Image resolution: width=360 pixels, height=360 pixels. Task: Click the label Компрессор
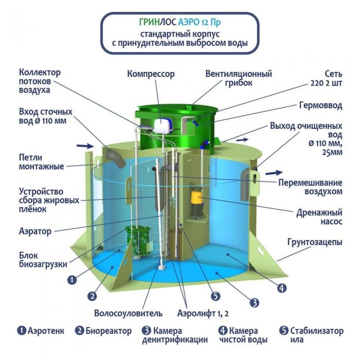point(151,74)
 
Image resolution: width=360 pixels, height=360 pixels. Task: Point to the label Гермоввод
point(320,105)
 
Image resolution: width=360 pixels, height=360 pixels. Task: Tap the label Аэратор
point(35,231)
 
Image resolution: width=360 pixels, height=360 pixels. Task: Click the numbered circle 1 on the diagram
point(72,280)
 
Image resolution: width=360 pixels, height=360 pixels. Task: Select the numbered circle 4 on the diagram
point(282,288)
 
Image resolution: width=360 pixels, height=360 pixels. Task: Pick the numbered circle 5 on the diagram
point(215,296)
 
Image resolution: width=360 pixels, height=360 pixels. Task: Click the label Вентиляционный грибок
point(239,78)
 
